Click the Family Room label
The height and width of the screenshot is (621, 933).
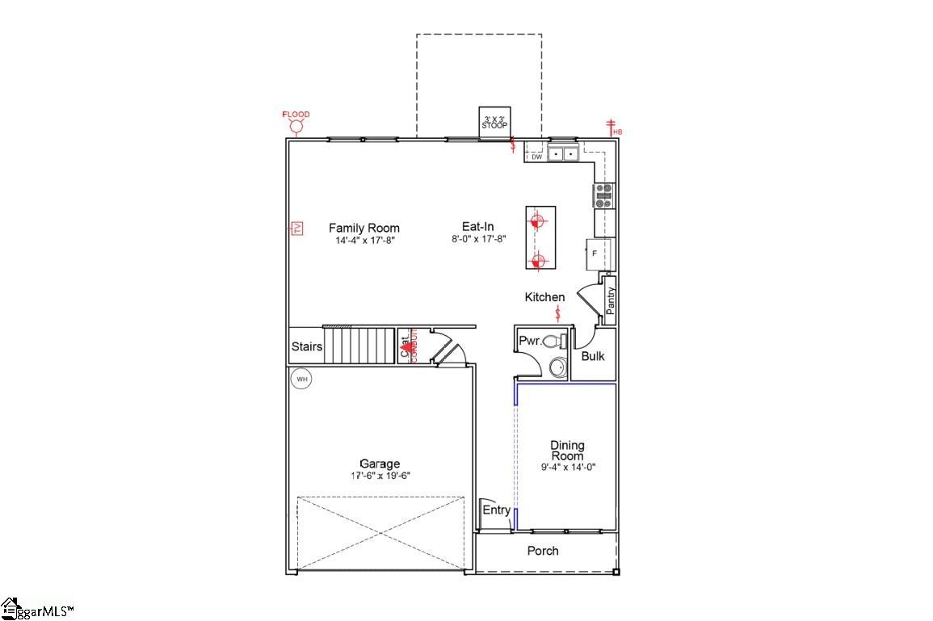(364, 228)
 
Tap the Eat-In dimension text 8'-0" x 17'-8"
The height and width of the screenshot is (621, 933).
(478, 239)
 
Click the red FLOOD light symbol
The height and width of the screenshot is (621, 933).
(296, 128)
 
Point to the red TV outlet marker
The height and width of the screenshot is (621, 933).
(296, 229)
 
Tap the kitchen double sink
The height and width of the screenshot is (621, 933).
(563, 153)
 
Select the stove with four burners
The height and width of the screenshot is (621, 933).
(604, 195)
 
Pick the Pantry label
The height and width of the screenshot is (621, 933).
(611, 300)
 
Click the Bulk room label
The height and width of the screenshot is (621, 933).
(593, 356)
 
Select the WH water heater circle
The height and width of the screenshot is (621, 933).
(301, 378)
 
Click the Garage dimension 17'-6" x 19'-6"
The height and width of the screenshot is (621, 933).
(380, 476)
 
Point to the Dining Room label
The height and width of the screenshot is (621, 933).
(567, 451)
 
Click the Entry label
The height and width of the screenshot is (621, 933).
(496, 510)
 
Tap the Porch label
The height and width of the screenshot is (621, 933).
(543, 551)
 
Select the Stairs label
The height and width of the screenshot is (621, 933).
(307, 346)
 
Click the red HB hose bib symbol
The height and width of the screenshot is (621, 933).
(613, 127)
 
